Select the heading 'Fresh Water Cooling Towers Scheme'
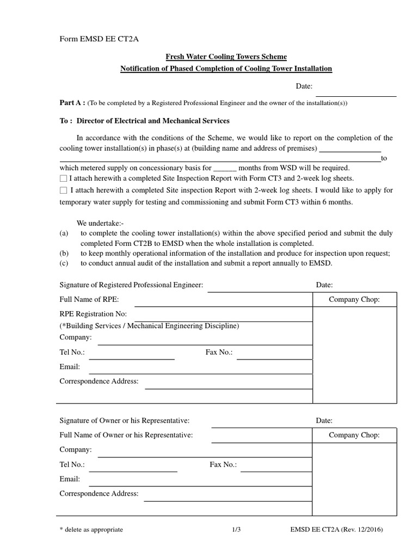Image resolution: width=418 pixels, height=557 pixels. pos(226,57)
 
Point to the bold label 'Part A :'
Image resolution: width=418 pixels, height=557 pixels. pos(72,103)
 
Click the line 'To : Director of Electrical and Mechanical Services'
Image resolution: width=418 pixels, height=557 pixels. pos(144,120)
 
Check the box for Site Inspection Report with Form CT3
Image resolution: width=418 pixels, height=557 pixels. pos(63,178)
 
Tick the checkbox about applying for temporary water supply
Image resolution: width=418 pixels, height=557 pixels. pos(63,190)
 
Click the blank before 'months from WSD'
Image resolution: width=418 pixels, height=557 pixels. pos(225,168)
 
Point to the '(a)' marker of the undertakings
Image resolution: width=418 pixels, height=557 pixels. pos(64,233)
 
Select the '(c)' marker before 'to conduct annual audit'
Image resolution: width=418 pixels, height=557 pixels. pos(64,263)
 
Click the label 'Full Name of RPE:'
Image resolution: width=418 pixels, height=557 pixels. pos(89,299)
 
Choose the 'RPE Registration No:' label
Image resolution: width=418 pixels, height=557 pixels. pos(93,314)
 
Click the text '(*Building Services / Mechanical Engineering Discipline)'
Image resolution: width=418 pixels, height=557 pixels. pos(149,326)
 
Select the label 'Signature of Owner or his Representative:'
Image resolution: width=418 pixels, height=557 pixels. pos(124,420)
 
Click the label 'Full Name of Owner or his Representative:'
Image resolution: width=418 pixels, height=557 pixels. pos(126,435)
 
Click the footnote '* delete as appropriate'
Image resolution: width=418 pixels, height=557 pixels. pos(91,530)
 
